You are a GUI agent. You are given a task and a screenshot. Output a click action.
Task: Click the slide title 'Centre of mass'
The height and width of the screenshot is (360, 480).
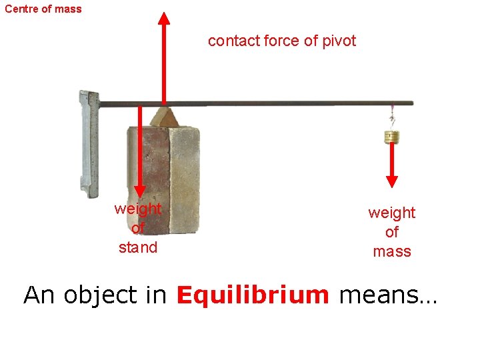[43, 9]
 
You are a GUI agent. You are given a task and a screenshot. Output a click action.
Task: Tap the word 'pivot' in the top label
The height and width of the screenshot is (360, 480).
[339, 41]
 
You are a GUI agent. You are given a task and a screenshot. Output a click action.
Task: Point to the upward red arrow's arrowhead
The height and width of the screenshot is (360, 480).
[163, 16]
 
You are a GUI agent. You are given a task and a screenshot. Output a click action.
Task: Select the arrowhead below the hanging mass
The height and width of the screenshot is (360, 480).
[392, 181]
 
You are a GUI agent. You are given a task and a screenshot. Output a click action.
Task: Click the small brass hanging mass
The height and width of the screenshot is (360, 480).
[392, 137]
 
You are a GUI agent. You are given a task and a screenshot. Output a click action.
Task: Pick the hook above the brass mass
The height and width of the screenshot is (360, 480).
[392, 120]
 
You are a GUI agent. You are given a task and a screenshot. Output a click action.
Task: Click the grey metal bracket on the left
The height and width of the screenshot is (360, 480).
[89, 143]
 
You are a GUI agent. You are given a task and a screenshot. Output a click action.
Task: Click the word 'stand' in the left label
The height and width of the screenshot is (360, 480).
[138, 247]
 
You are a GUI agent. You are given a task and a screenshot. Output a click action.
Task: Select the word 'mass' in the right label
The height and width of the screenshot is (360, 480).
[392, 251]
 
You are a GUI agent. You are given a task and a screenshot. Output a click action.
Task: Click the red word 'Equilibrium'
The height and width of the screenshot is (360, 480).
[253, 295]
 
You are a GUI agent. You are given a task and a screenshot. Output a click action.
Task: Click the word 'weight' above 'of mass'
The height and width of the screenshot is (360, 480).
[392, 213]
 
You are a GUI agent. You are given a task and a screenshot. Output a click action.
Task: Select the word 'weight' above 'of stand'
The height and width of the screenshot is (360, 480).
[138, 209]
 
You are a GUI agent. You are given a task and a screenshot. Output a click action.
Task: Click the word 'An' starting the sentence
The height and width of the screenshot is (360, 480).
[40, 295]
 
